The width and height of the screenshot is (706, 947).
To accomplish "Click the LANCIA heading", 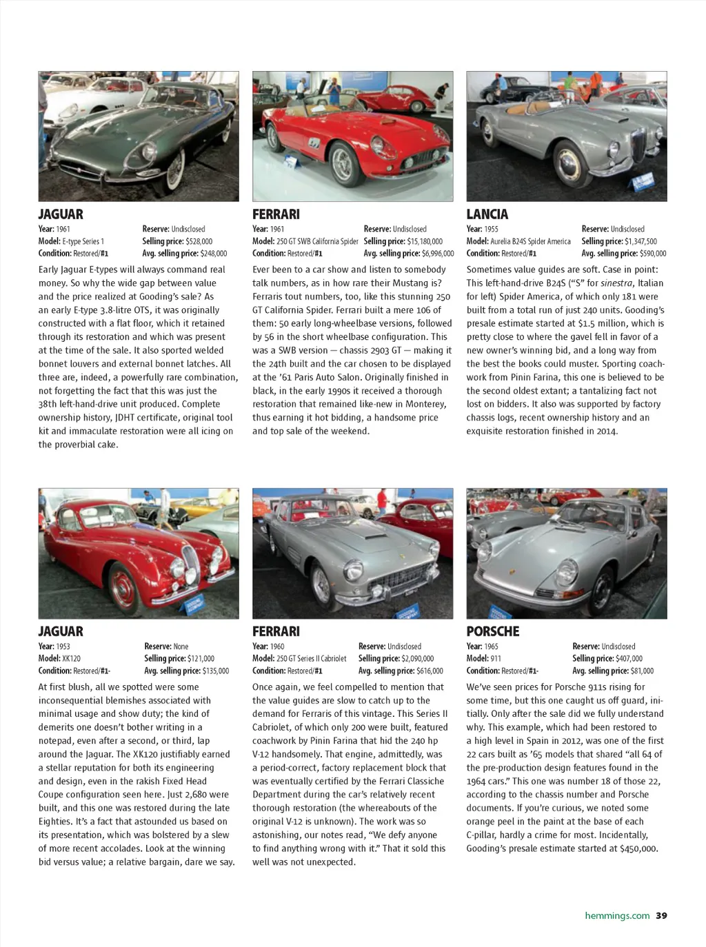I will click(487, 214).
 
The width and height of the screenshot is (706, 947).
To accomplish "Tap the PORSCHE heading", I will click(492, 631).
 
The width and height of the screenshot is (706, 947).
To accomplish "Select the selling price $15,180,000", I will click(425, 241).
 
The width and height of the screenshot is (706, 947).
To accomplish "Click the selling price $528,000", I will click(199, 241).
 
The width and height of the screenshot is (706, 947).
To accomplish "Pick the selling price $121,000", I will click(201, 659).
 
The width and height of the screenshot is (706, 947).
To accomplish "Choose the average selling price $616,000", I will click(430, 671).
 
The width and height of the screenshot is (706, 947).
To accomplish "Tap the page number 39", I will click(661, 916).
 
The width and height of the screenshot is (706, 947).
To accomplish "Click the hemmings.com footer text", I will click(617, 916).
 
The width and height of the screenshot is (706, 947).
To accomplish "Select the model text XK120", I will click(72, 659).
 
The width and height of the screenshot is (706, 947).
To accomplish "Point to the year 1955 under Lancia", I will click(491, 230).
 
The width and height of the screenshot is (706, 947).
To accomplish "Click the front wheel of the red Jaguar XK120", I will click(123, 589).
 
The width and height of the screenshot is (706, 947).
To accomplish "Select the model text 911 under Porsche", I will click(496, 659).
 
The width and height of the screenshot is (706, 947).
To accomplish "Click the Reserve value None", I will click(181, 646).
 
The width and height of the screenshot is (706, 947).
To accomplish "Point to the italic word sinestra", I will click(617, 283).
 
